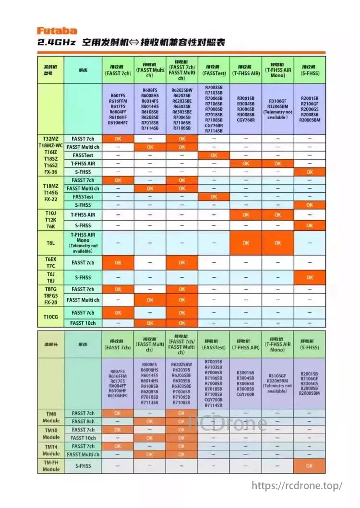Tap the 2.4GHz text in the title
pos(57,43)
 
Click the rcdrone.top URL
pos(297,485)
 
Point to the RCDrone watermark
pos(227,423)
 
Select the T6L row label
pos(51,243)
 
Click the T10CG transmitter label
pos(51,318)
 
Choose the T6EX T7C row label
pos(51,262)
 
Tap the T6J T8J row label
pos(51,277)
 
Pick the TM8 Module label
pos(51,417)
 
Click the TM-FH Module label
pos(51,466)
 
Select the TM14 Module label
pos(51,450)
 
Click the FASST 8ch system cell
pos(83,421)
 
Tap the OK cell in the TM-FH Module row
pos(309,466)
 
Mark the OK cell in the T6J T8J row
pos(310,277)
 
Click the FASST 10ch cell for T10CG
pos(83,323)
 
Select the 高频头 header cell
pos(51,344)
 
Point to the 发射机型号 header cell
pos(51,70)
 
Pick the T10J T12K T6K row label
pos(51,220)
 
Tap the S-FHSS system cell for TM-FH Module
pos(83,466)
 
